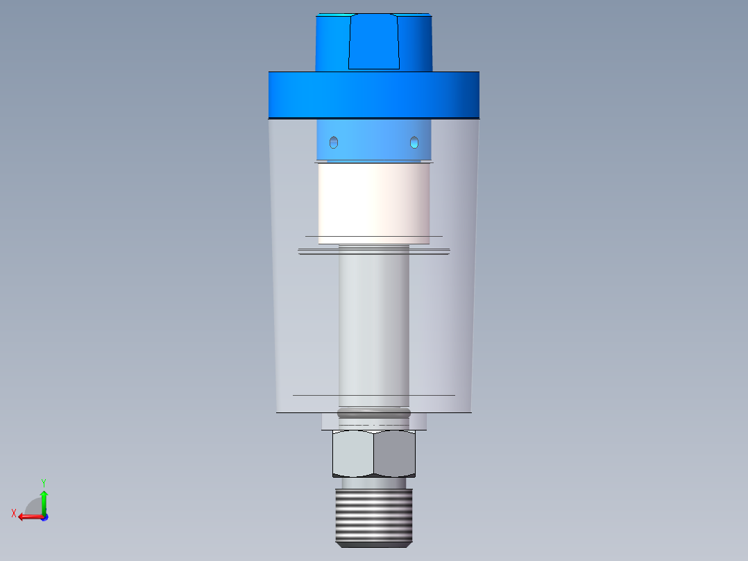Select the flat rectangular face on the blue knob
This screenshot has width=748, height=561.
point(374,42)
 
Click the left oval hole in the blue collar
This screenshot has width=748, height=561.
point(334,142)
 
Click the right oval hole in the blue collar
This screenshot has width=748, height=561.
point(414,142)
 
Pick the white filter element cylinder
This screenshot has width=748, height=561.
point(374,201)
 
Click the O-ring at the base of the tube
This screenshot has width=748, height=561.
point(374,414)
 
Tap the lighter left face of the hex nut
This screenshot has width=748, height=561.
point(353,453)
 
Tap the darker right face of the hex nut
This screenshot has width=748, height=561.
point(396,453)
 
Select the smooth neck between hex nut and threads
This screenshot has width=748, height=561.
point(374,483)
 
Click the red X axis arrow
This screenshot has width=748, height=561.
point(28,517)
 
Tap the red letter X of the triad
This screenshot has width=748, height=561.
point(14,513)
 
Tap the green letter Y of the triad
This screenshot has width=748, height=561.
point(43,482)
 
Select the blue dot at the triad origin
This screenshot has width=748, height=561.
point(44,517)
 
